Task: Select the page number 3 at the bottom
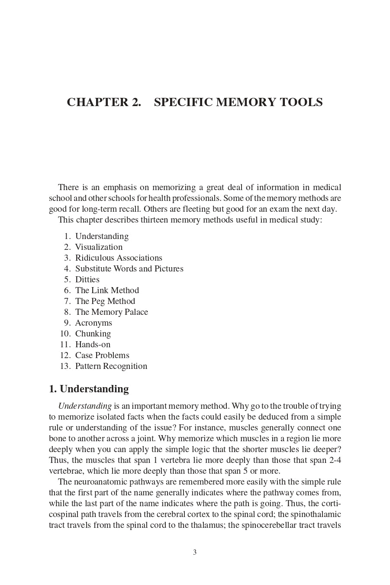click(195, 552)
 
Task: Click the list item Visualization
click(99, 247)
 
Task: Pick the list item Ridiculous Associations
click(119, 258)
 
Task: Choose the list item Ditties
click(87, 280)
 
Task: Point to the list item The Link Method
click(107, 291)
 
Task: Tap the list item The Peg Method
click(105, 301)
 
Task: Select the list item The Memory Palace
click(112, 312)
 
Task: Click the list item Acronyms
click(93, 323)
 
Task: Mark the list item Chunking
click(93, 334)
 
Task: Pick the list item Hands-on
click(93, 345)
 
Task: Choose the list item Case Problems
click(102, 356)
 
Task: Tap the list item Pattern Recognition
click(111, 366)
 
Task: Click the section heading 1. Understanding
click(89, 389)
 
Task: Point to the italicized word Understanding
click(85, 406)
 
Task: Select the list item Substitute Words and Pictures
click(129, 269)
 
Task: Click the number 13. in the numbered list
click(65, 366)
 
